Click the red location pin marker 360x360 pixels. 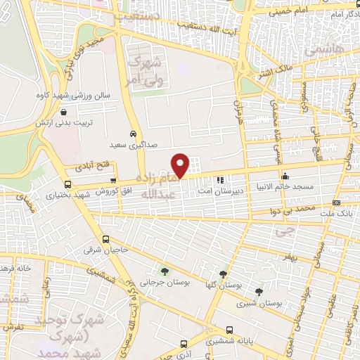coord(181,165)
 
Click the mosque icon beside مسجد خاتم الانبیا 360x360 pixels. coord(284,176)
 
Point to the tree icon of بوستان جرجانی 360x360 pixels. coord(165,271)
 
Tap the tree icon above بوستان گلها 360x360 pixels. coord(223,274)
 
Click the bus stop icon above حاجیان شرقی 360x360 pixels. coord(105,238)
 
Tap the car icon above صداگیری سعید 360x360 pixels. coord(134,133)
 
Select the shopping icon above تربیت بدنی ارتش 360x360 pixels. coord(64,111)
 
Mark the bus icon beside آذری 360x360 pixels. coord(184,345)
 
